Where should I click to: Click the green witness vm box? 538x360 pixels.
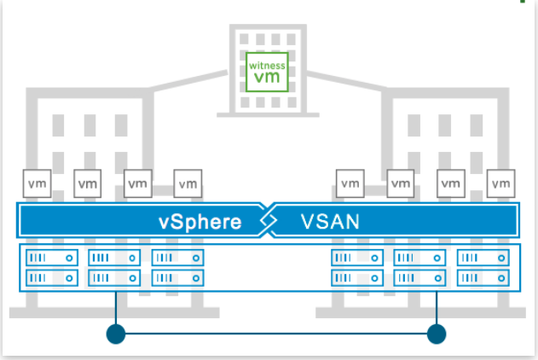click(266, 72)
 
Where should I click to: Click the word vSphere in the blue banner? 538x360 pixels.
click(200, 223)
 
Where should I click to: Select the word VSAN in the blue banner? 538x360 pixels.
click(330, 223)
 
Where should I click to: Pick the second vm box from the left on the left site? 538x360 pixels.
click(87, 183)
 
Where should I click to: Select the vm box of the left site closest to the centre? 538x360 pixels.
click(188, 183)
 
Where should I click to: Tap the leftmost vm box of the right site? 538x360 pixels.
click(349, 183)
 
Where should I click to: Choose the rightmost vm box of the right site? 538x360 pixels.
click(500, 183)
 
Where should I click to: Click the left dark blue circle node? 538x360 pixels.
click(116, 334)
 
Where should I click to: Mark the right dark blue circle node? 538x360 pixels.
click(437, 334)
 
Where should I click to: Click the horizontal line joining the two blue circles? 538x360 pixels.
click(276, 334)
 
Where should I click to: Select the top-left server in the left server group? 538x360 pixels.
click(52, 258)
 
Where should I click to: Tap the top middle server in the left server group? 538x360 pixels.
click(115, 258)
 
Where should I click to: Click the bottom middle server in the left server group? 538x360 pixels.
click(115, 277)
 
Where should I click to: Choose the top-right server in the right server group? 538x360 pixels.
click(483, 258)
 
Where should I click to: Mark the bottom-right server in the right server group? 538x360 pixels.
click(483, 277)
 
